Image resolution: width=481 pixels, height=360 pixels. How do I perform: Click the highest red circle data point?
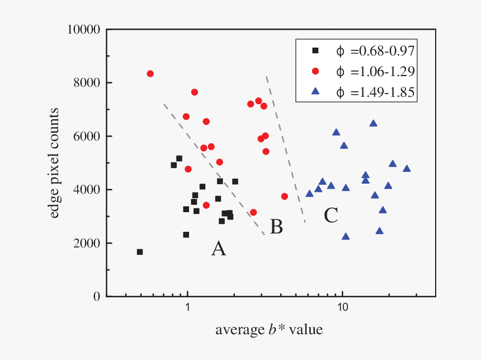coord(150,74)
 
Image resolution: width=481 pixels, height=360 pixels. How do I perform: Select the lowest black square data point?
coord(140,252)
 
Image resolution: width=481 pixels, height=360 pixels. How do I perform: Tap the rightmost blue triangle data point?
coord(407,169)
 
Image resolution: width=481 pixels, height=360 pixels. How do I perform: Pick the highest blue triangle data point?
coord(373,123)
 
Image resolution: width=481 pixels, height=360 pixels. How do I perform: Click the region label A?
coord(218,249)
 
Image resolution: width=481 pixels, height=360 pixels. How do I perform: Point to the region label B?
coord(276,227)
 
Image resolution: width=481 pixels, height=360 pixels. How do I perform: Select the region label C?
coord(331,215)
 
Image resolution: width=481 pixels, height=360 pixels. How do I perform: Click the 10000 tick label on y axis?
coord(83,29)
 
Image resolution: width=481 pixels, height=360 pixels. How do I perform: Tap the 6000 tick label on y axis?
coord(87,136)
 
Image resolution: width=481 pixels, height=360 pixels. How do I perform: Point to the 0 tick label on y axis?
coord(97,297)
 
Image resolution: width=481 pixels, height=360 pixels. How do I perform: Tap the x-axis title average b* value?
coord(269,330)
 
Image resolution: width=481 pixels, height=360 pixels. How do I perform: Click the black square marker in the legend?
coord(315,51)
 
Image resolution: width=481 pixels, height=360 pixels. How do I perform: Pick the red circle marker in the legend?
coord(315,72)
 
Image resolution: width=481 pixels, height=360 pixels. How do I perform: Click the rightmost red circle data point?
coord(285,197)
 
